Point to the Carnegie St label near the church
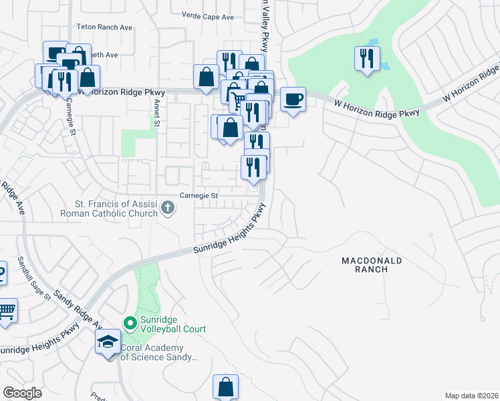coord(199,196)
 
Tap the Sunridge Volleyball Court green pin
coord(130,323)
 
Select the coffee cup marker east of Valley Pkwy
coord(293,100)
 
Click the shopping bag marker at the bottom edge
coord(226,387)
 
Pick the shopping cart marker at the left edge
coord(5,311)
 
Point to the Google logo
coord(22,393)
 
